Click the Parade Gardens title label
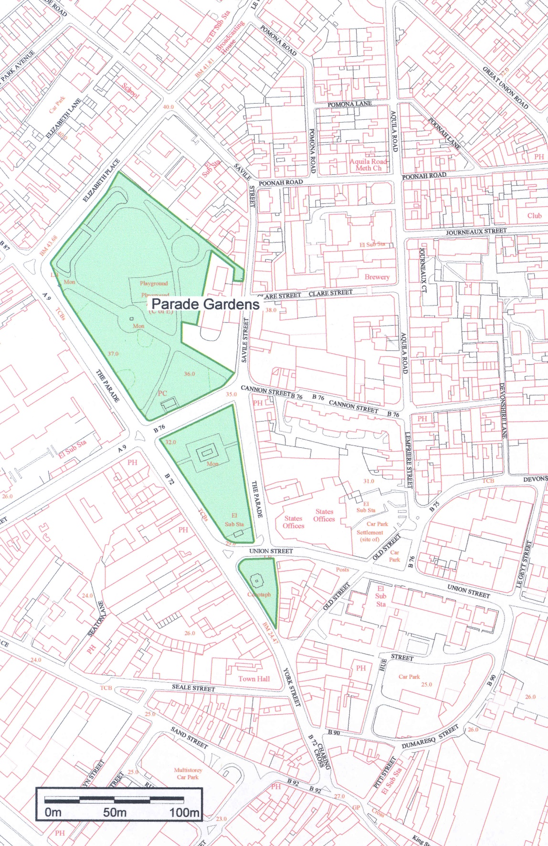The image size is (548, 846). (x=205, y=304)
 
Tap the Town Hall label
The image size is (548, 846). (x=254, y=678)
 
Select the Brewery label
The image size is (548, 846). (x=377, y=277)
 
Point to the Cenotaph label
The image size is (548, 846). (x=259, y=594)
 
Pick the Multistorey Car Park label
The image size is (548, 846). (x=188, y=773)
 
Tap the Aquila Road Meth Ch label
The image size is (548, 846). (x=368, y=165)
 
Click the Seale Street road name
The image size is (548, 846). (x=193, y=687)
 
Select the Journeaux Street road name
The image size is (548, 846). (x=476, y=232)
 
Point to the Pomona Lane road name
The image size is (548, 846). (x=349, y=104)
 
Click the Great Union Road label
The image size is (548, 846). (x=505, y=87)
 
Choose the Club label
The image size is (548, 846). (x=534, y=215)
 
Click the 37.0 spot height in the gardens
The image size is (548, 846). (x=113, y=354)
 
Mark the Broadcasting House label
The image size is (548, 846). (x=231, y=37)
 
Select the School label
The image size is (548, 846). (x=130, y=91)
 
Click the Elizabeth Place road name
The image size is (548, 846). (x=101, y=181)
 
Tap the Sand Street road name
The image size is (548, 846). (x=190, y=738)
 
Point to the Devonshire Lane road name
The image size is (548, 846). (x=503, y=411)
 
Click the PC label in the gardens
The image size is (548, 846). (x=162, y=393)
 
